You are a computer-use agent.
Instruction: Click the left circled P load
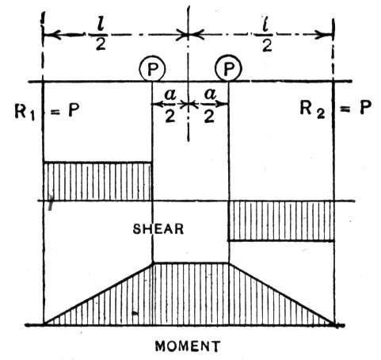click(152, 69)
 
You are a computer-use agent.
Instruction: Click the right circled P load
click(228, 68)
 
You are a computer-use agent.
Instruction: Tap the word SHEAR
click(158, 229)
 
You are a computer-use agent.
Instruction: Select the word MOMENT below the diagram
click(188, 346)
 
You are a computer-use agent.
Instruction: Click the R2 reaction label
click(312, 109)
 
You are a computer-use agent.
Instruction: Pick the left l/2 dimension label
click(101, 36)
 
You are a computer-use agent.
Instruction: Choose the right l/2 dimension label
click(267, 36)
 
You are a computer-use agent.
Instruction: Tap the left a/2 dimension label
click(170, 105)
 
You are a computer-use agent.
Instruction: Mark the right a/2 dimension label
click(210, 105)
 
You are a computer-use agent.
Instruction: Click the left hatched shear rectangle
click(97, 182)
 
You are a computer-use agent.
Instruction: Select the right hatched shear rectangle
click(281, 220)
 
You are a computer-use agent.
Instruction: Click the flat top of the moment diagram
click(191, 262)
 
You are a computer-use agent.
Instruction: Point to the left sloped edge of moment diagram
click(98, 293)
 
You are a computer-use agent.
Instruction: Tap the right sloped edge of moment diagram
click(282, 293)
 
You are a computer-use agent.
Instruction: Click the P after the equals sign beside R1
click(74, 109)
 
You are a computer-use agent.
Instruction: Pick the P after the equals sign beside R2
click(366, 107)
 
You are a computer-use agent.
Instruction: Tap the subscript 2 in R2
click(320, 113)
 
